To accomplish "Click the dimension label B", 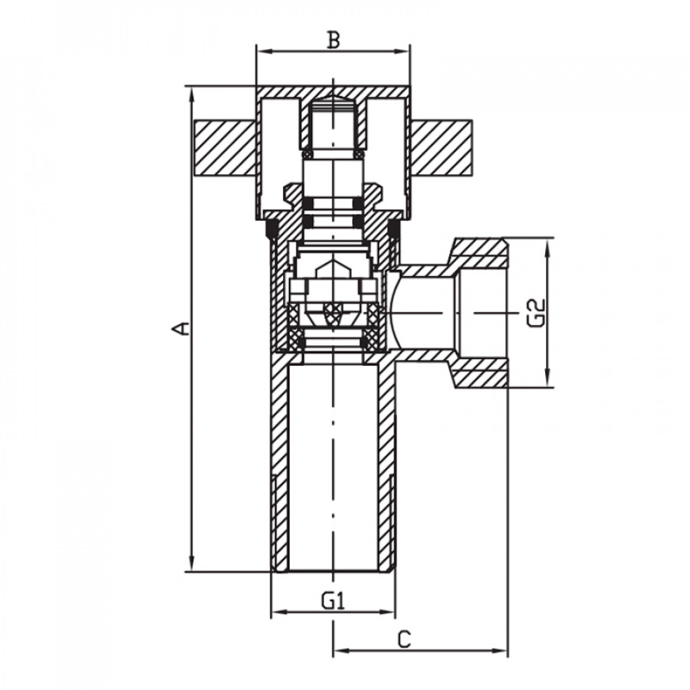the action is pos(333,40).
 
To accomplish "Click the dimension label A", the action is pos(181,328).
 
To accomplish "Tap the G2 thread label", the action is pos(536,313).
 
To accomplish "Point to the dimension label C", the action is pos(404,639).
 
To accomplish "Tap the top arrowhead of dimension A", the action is pos(192,94).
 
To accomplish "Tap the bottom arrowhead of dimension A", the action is pos(192,563).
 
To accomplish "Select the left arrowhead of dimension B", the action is pos(264,51).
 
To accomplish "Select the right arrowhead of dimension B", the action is pos(402,51).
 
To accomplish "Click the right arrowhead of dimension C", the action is pos(500,651).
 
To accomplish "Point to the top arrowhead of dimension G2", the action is pos(547,246).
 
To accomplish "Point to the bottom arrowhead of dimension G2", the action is pos(547,379).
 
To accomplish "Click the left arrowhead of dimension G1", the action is pos(278,612).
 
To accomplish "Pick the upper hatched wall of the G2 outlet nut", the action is pos(480,253).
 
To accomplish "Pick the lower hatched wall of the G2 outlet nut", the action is pos(480,373).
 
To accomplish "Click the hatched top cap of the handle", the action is pos(333,93).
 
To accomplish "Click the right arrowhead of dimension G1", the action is pos(387,612).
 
